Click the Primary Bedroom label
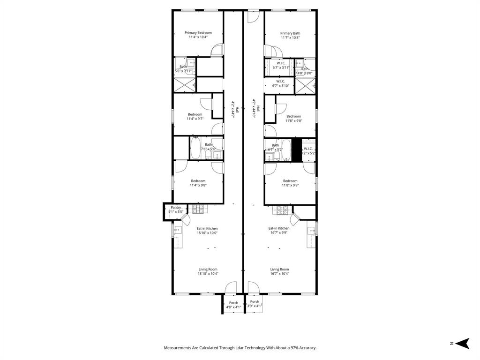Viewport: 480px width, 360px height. click(198, 35)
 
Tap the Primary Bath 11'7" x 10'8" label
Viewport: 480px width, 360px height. click(290, 35)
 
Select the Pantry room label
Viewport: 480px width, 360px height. click(176, 210)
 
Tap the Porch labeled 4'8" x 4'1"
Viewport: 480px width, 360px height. click(233, 305)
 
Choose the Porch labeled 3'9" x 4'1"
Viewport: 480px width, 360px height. click(255, 304)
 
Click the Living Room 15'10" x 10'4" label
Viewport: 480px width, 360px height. click(208, 271)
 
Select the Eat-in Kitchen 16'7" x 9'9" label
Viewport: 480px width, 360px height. click(279, 230)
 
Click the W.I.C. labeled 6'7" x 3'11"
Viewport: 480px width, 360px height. click(281, 65)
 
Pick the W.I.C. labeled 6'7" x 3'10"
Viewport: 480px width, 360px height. click(281, 83)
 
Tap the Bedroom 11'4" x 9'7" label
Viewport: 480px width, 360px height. click(195, 116)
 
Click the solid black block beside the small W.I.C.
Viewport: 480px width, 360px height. click(296, 150)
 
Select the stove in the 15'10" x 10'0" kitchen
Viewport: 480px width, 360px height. click(198, 210)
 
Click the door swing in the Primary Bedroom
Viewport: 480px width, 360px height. click(217, 50)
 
